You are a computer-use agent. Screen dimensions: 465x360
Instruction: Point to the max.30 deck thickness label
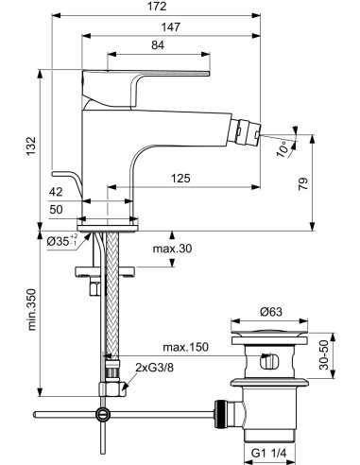click(173, 250)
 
